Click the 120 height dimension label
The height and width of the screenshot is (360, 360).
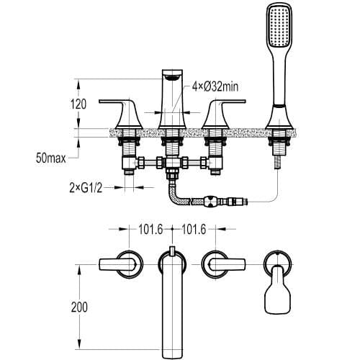pyautogui.click(x=78, y=104)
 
